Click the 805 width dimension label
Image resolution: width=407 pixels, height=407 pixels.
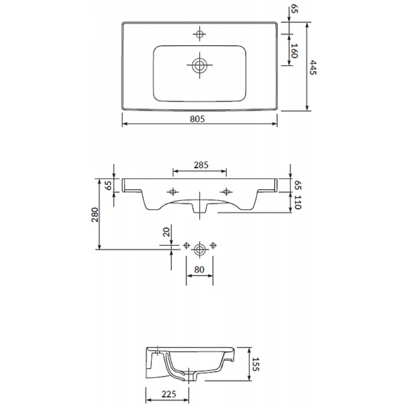[197, 119]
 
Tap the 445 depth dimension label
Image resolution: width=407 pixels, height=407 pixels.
[313, 68]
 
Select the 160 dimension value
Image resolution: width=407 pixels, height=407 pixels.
[295, 51]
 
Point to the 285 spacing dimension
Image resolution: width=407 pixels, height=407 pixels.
[201, 165]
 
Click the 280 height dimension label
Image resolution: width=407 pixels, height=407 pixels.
[95, 215]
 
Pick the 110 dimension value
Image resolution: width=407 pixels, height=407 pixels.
[298, 202]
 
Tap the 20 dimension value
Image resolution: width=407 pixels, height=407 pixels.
[166, 231]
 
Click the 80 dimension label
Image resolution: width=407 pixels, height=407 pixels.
[199, 270]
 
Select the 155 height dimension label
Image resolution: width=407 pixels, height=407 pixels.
[256, 364]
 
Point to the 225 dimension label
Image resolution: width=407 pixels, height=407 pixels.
[169, 394]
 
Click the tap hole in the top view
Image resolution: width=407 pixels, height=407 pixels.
[199, 34]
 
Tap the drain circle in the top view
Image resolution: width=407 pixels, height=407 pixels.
[199, 65]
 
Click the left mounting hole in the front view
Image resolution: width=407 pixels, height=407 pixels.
[172, 192]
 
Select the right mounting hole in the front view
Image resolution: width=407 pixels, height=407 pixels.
[226, 192]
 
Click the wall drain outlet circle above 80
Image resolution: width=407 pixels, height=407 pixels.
[199, 250]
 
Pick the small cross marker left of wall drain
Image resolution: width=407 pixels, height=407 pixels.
[186, 245]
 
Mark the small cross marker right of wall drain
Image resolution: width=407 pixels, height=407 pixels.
[213, 245]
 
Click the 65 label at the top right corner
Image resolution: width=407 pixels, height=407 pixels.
[295, 8]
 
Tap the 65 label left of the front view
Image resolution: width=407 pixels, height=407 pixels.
[108, 185]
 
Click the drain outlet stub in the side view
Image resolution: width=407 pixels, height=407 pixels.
[192, 376]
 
